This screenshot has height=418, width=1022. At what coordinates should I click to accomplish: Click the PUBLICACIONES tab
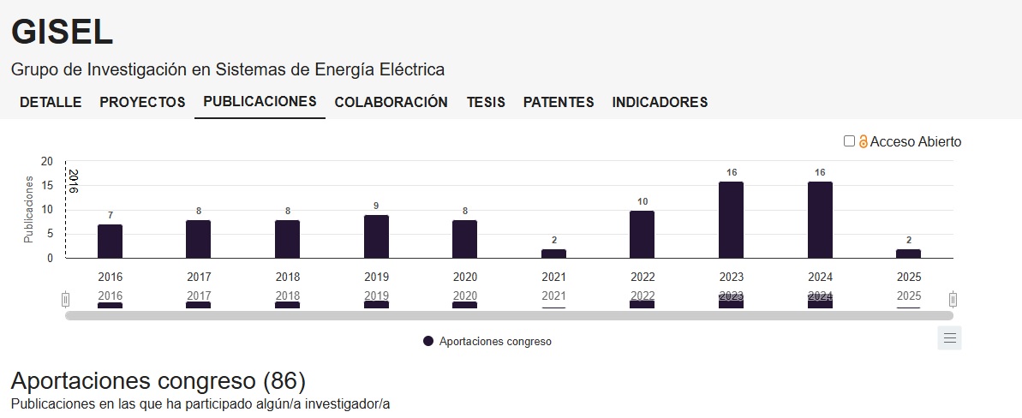click(260, 101)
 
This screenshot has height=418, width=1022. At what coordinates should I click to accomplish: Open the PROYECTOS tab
click(142, 102)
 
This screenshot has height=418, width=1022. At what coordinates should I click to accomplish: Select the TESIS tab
click(485, 102)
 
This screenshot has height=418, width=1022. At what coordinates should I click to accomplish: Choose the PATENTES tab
click(559, 102)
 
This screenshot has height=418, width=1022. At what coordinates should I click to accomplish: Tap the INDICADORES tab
click(660, 102)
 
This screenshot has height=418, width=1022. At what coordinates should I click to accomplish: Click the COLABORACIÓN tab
click(391, 102)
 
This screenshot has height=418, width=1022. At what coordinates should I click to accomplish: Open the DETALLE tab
click(51, 102)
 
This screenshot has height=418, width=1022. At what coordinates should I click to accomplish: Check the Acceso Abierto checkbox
click(849, 141)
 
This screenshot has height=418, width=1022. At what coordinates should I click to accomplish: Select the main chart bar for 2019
click(376, 236)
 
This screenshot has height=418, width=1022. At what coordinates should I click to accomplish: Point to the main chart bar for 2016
click(110, 241)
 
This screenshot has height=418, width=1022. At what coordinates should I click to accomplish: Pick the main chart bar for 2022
click(642, 234)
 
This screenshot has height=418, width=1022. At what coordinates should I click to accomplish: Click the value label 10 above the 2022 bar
click(642, 201)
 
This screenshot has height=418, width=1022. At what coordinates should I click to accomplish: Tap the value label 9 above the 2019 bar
click(376, 206)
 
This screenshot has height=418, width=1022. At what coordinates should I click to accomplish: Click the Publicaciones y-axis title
click(28, 210)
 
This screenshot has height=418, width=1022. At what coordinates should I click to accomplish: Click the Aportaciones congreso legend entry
click(487, 341)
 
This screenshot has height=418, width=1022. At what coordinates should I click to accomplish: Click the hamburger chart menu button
click(949, 337)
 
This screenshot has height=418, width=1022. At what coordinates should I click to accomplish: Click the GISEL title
click(62, 32)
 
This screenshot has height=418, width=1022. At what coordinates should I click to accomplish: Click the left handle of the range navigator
click(65, 299)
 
